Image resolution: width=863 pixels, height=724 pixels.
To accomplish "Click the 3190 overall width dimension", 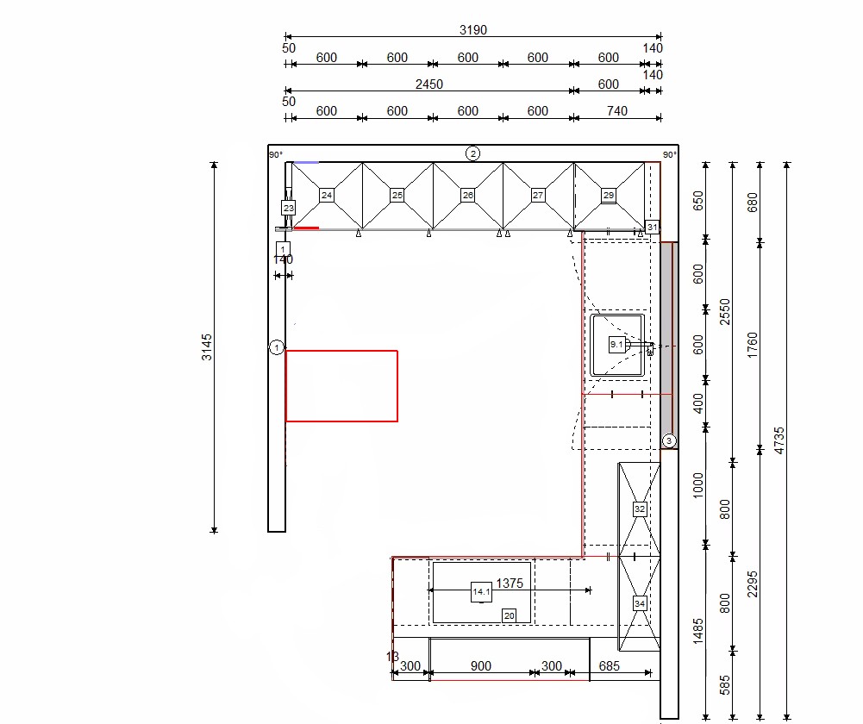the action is click(x=473, y=29).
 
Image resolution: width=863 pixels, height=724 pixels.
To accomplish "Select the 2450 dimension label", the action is click(x=429, y=84).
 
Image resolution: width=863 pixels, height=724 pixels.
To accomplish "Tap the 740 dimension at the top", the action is click(x=617, y=111).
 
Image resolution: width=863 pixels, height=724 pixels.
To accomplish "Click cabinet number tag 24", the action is click(x=327, y=195).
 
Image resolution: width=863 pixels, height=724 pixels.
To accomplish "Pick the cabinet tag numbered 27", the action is click(x=538, y=195).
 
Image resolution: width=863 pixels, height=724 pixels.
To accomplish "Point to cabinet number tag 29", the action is click(x=609, y=196).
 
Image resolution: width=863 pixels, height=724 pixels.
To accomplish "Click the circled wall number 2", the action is click(x=472, y=153).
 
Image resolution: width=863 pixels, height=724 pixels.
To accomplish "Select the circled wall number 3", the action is click(x=669, y=440).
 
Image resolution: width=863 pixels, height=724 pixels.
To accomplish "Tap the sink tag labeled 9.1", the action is click(x=617, y=345).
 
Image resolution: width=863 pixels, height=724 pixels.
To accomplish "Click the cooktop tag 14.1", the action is click(x=482, y=592).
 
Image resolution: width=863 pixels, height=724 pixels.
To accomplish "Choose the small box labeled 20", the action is click(x=510, y=615).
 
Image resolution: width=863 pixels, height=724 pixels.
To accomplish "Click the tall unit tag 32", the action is click(x=640, y=509).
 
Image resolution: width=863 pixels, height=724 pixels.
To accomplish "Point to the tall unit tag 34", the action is click(x=640, y=603).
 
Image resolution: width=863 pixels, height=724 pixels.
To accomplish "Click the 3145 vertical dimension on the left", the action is click(x=206, y=347).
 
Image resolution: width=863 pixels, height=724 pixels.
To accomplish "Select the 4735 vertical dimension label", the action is click(x=779, y=440).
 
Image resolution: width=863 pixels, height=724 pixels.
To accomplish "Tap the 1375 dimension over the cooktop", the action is click(x=510, y=584).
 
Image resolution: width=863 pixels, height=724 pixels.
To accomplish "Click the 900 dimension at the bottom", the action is click(x=481, y=666).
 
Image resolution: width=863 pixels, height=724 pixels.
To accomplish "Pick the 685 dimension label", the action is click(x=610, y=666).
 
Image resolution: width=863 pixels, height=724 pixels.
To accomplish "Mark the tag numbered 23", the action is click(x=289, y=208).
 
